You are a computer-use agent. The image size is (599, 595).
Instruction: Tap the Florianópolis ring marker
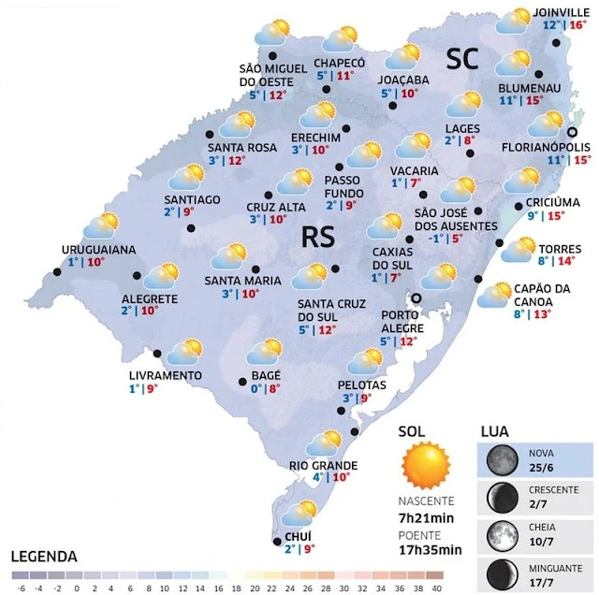point(573,132)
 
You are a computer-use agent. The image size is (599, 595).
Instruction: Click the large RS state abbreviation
point(319,237)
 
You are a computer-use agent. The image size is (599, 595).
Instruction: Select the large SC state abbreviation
point(461,60)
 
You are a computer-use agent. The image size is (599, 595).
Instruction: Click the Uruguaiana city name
point(99,250)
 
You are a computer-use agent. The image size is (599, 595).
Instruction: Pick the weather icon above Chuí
point(299,513)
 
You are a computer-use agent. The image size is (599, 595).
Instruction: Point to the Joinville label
point(559,12)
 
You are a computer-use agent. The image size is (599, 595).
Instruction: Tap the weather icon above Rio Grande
point(327,442)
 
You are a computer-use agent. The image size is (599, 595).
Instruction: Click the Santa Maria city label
point(243,281)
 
